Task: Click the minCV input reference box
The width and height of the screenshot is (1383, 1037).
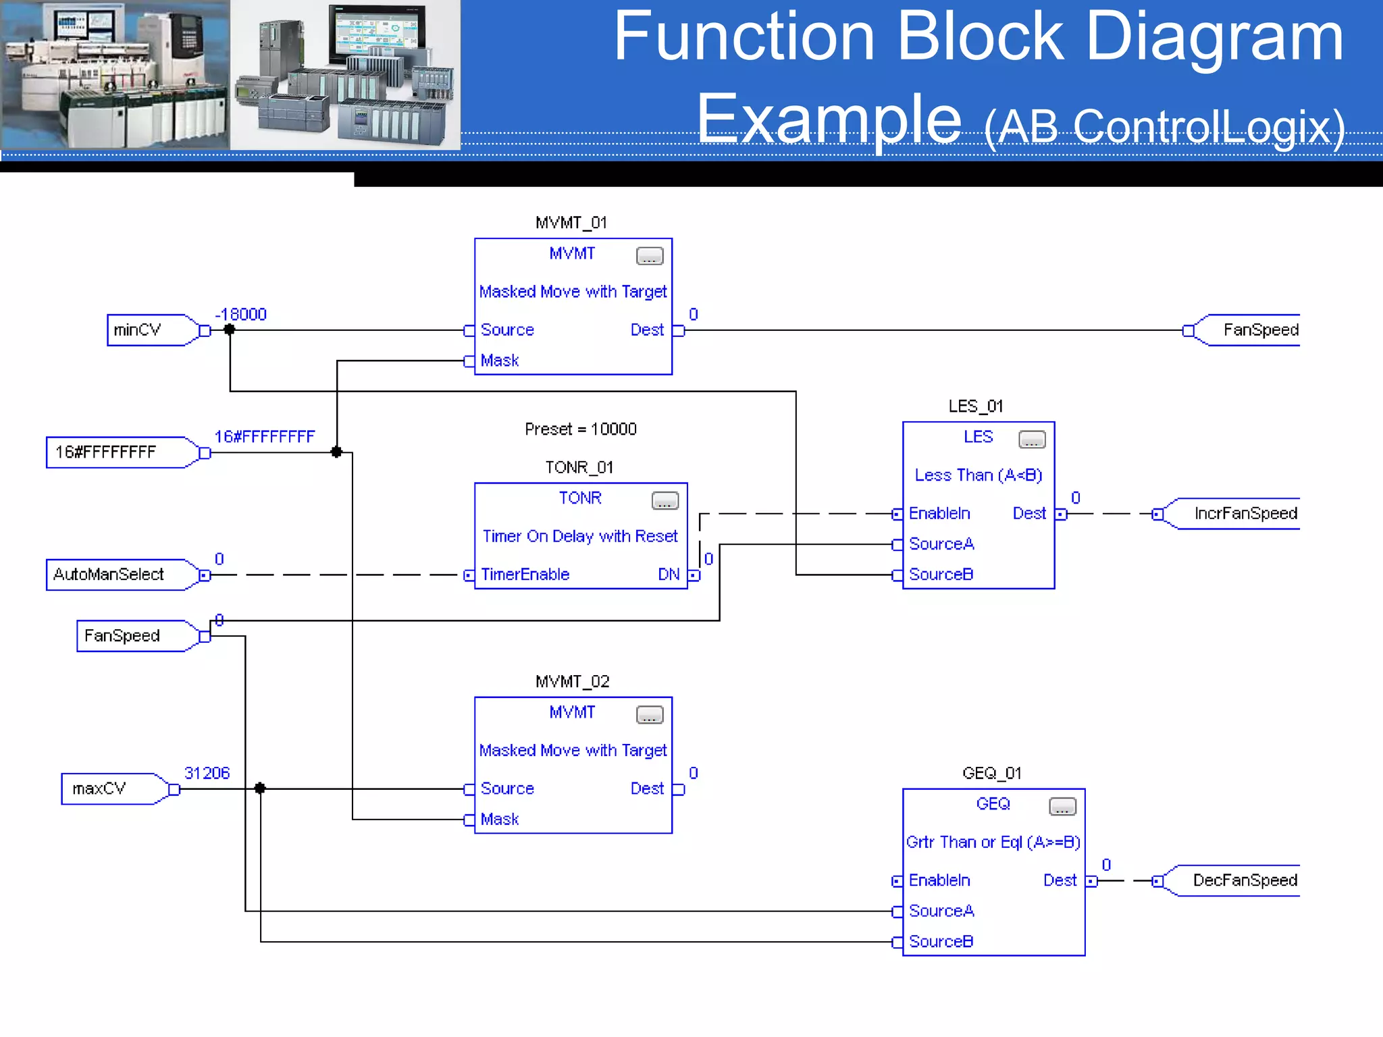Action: (145, 330)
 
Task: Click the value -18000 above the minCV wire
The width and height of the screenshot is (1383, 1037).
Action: (240, 315)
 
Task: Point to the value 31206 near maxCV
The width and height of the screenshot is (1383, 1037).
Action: (207, 773)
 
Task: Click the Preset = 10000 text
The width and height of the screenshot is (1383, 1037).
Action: (580, 429)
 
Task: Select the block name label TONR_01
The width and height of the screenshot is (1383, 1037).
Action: (579, 467)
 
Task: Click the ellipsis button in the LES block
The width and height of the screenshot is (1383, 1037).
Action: (1031, 440)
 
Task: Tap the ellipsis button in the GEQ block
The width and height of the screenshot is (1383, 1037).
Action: (1062, 807)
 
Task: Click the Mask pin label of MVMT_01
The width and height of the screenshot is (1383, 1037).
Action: (499, 361)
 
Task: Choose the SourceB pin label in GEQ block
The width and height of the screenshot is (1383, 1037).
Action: (941, 941)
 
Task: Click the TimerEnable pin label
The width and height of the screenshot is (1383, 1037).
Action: (525, 575)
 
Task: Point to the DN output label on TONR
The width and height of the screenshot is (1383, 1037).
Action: (668, 575)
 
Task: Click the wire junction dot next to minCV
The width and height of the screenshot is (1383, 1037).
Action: (230, 329)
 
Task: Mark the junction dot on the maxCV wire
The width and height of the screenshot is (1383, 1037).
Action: (260, 788)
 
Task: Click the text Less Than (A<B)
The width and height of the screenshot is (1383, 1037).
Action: (978, 475)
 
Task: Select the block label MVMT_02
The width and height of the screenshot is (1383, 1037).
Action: (572, 681)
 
